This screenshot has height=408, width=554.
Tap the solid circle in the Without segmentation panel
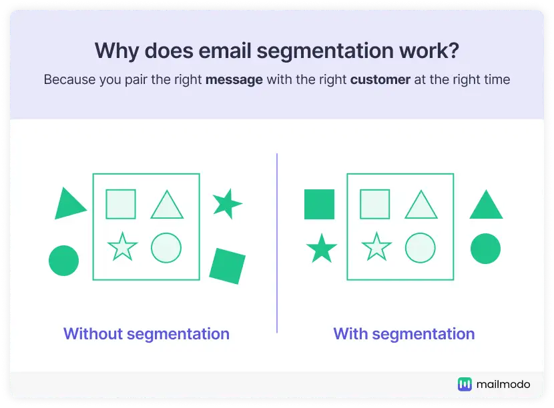[63, 261]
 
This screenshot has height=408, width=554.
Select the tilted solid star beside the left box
[227, 203]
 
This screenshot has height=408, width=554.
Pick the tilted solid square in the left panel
[227, 266]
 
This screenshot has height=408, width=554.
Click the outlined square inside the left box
[121, 204]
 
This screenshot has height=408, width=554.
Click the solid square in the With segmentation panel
[320, 205]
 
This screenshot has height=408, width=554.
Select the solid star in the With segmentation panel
[322, 249]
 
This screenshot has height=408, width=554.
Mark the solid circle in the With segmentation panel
[485, 249]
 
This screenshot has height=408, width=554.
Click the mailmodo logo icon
[465, 385]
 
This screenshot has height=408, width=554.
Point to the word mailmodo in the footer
[503, 385]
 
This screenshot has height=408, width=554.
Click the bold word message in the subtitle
[234, 80]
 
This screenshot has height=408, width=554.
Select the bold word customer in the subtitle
[380, 80]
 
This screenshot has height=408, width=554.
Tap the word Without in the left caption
[93, 334]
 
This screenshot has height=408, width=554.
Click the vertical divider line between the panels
[277, 243]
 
